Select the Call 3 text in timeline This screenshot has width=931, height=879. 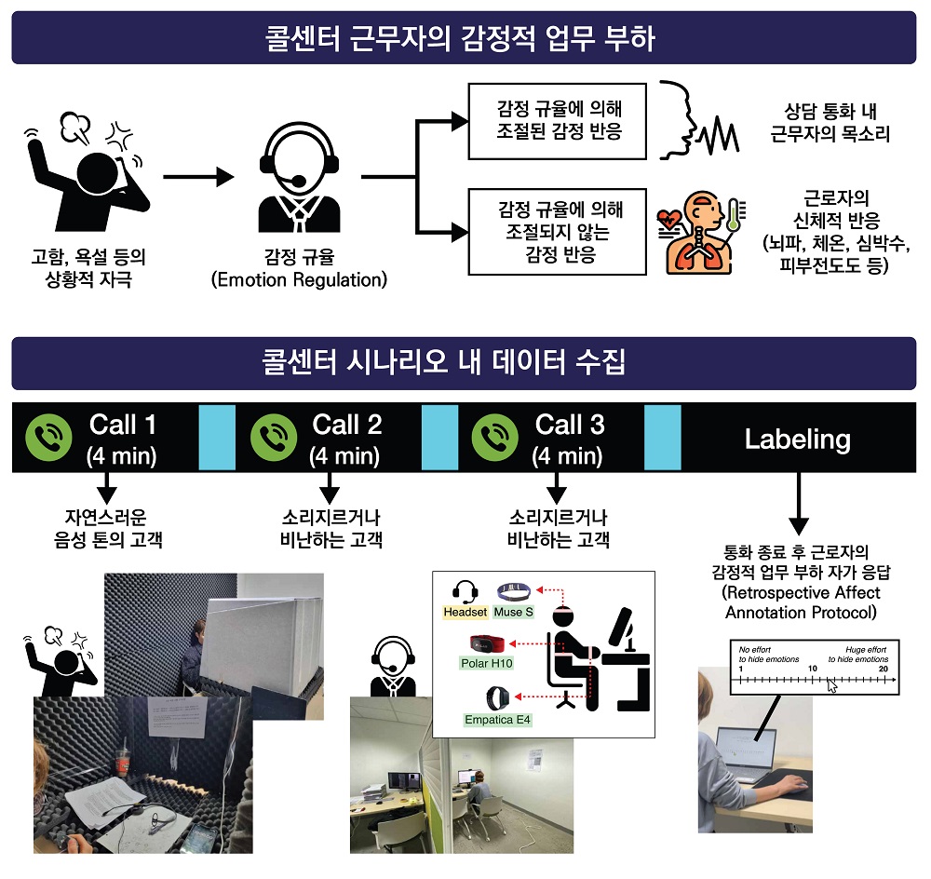[570, 425]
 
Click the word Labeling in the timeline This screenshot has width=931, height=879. [797, 439]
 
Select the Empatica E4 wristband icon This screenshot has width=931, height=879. [498, 696]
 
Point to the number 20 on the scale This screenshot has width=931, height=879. [883, 669]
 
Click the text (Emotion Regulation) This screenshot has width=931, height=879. [299, 279]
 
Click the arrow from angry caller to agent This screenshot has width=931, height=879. [196, 176]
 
